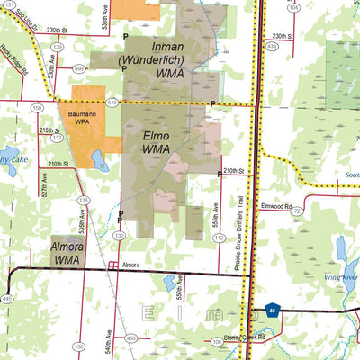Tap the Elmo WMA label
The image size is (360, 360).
(x=157, y=141)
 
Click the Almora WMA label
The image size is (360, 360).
(x=68, y=252)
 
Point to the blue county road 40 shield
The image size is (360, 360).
(x=271, y=313)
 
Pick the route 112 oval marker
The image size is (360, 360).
(x=219, y=238)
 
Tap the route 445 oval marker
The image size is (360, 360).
(x=7, y=298)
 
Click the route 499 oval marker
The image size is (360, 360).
(x=78, y=68)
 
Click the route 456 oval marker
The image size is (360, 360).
(x=130, y=337)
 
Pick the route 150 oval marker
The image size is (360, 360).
(x=37, y=108)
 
